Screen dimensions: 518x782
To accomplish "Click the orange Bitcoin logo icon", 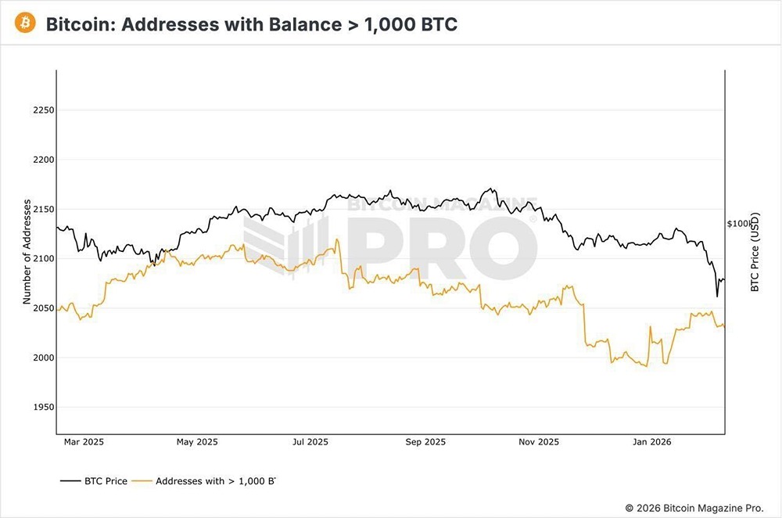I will click(26, 23).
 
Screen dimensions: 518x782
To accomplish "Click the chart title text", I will click(251, 24).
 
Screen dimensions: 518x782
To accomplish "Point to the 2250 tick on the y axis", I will click(42, 110).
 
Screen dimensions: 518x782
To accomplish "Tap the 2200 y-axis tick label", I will click(42, 160).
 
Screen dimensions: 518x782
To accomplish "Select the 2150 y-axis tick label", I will click(42, 209).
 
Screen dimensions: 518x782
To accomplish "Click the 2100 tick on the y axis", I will click(42, 259).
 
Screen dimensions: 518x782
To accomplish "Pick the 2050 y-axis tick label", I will click(42, 308).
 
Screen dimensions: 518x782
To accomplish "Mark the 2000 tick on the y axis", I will click(42, 358).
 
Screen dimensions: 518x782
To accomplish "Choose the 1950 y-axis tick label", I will click(42, 408).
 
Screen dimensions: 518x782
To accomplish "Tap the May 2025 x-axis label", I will click(195, 442).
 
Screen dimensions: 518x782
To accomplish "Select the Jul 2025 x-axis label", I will click(310, 442).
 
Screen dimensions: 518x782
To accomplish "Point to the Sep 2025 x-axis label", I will click(425, 442).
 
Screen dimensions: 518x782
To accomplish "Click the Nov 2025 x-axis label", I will click(539, 442).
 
